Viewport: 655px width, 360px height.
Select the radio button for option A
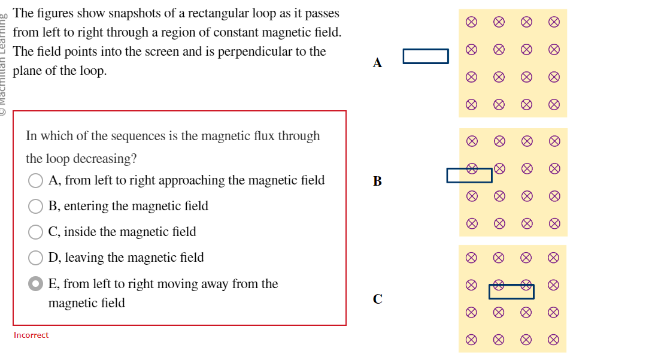pyautogui.click(x=36, y=180)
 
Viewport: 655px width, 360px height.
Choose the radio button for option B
pyautogui.click(x=36, y=206)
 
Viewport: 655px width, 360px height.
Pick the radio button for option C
pyautogui.click(x=36, y=232)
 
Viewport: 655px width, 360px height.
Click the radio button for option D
pyautogui.click(x=36, y=258)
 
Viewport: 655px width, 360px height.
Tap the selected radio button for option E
pyautogui.click(x=36, y=284)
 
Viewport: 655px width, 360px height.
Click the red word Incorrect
pyautogui.click(x=31, y=335)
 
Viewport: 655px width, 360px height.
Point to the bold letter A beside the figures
pyautogui.click(x=377, y=62)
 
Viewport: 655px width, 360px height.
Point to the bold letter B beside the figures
pyautogui.click(x=377, y=181)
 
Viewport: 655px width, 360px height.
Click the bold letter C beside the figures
pyautogui.click(x=377, y=298)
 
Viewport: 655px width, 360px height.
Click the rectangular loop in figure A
pyautogui.click(x=426, y=56)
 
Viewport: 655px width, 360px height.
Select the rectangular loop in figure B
pyautogui.click(x=469, y=175)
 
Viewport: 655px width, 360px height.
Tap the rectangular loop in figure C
pyautogui.click(x=511, y=292)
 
